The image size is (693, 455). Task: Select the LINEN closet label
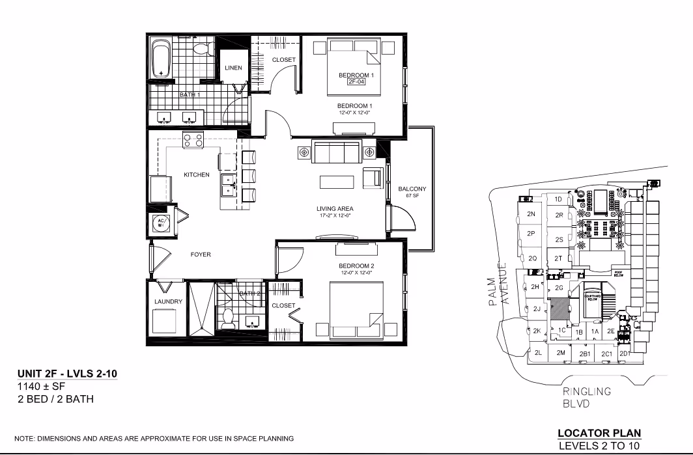point(233,68)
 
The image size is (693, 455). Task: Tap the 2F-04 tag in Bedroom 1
point(355,83)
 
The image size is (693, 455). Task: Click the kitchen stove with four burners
point(193,139)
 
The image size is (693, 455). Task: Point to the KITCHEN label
point(196,174)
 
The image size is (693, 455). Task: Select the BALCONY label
point(412,189)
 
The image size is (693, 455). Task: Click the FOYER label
point(201,255)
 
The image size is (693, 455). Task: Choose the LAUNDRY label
point(168,302)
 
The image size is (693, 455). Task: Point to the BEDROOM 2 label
point(356,266)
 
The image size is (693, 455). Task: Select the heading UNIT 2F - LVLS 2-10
point(67,374)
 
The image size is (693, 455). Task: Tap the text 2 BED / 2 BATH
point(55,398)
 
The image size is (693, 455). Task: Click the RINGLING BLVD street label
point(587,397)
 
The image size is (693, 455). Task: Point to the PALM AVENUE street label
point(498,283)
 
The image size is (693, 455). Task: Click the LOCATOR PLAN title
point(599,433)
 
